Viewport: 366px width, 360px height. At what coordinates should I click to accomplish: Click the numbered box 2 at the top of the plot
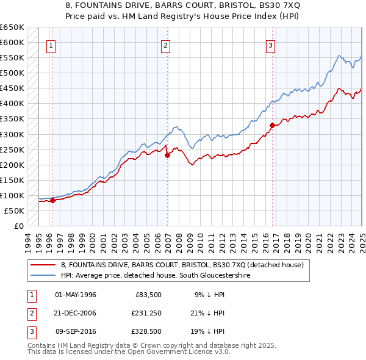166,45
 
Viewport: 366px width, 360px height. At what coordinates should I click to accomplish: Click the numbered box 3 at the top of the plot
270,45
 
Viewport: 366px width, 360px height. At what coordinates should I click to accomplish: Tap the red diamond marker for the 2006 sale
167,155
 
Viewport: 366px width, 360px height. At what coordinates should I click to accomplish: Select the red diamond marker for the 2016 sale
272,126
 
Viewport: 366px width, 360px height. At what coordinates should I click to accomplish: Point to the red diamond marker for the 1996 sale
52,200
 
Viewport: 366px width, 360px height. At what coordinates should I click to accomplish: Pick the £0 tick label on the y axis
18,226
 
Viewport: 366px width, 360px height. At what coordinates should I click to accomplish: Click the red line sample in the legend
43,265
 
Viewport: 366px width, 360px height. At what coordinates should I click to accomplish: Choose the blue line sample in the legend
43,276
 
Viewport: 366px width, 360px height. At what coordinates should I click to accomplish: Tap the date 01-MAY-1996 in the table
76,295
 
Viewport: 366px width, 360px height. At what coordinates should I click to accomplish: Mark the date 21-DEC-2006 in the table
76,313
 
